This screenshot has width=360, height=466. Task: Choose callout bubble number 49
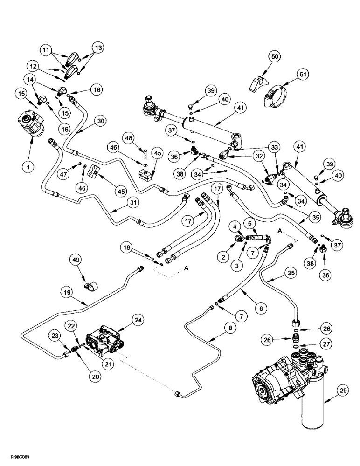(77, 259)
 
